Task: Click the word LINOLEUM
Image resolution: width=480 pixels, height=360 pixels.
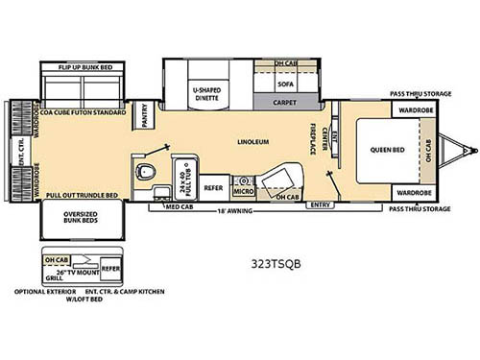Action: (x=254, y=142)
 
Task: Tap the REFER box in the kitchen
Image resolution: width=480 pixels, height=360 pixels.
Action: (x=213, y=188)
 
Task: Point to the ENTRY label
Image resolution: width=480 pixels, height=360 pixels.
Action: (x=323, y=204)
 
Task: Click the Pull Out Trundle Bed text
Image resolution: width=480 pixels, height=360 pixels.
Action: (x=81, y=195)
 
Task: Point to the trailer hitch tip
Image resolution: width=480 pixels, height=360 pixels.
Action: (x=471, y=149)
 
